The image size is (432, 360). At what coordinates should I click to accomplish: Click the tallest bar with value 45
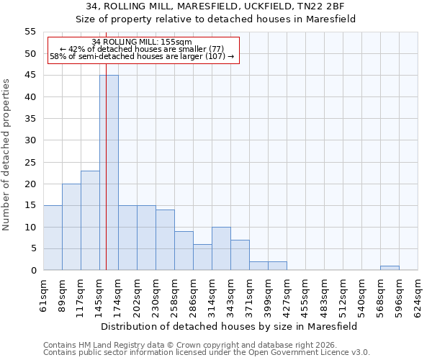coord(109,173)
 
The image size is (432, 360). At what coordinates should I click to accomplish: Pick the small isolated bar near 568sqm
coord(390,268)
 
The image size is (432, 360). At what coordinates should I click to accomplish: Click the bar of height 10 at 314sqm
coord(221,248)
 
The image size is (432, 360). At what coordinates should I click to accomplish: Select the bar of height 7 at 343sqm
coord(240,255)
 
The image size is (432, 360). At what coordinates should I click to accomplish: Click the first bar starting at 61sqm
coord(53,238)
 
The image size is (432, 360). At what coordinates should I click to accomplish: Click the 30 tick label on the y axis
coord(30,140)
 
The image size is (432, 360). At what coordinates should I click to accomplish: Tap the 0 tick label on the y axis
coord(32,271)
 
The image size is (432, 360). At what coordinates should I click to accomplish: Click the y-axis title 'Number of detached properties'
coord(6,155)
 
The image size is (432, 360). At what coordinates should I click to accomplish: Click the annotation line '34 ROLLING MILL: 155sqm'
coord(142,42)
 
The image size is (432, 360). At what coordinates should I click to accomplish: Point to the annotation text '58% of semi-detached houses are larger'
coord(142,56)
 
